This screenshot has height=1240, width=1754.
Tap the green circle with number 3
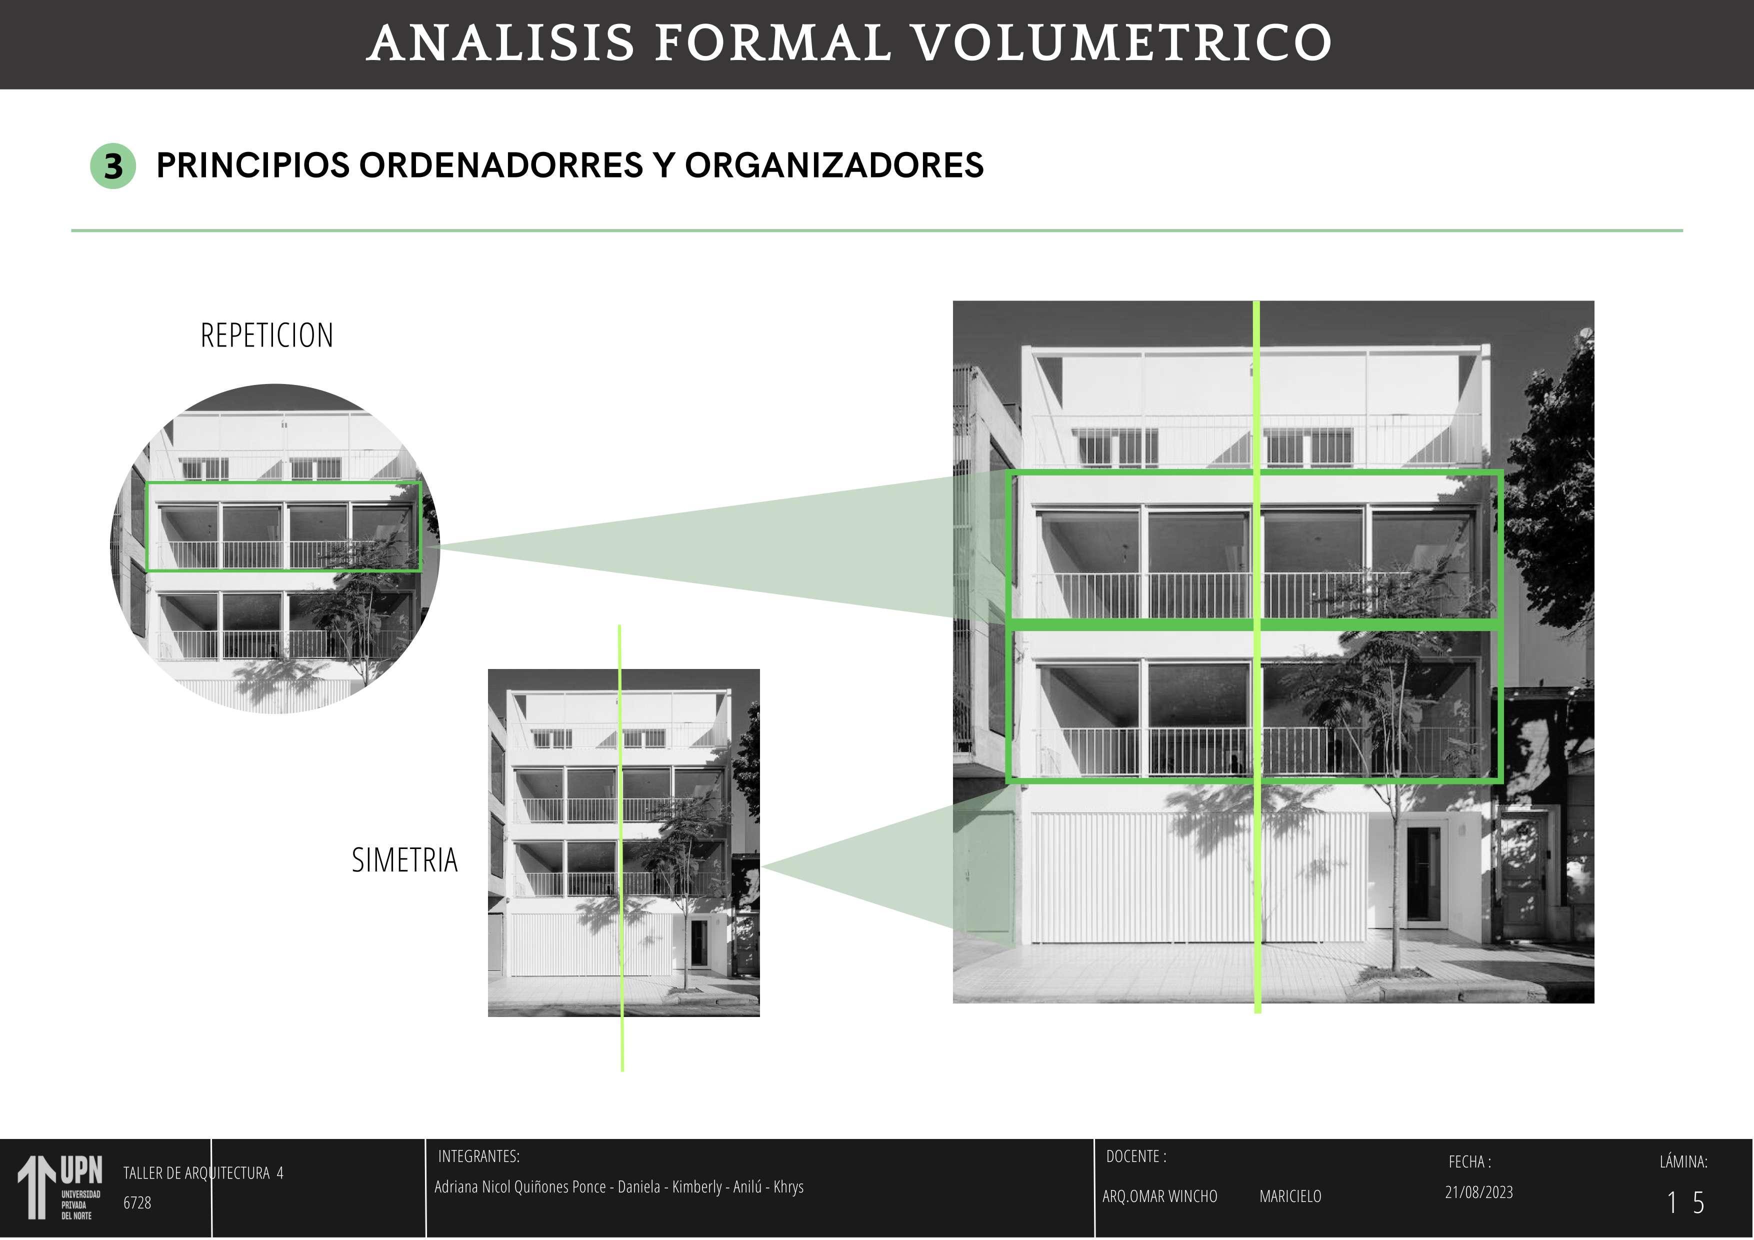113,166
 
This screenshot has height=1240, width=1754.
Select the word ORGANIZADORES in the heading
833,166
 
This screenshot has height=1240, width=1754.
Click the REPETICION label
266,336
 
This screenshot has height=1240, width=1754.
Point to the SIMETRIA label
404,861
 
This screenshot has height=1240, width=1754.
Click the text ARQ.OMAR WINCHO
1159,1196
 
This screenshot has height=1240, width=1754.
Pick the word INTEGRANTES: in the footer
478,1156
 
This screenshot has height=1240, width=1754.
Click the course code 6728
137,1202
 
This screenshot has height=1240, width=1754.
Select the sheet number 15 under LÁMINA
1685,1203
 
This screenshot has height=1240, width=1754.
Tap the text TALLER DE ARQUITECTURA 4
203,1173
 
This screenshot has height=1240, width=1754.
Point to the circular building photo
275,548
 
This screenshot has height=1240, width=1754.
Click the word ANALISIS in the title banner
500,43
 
